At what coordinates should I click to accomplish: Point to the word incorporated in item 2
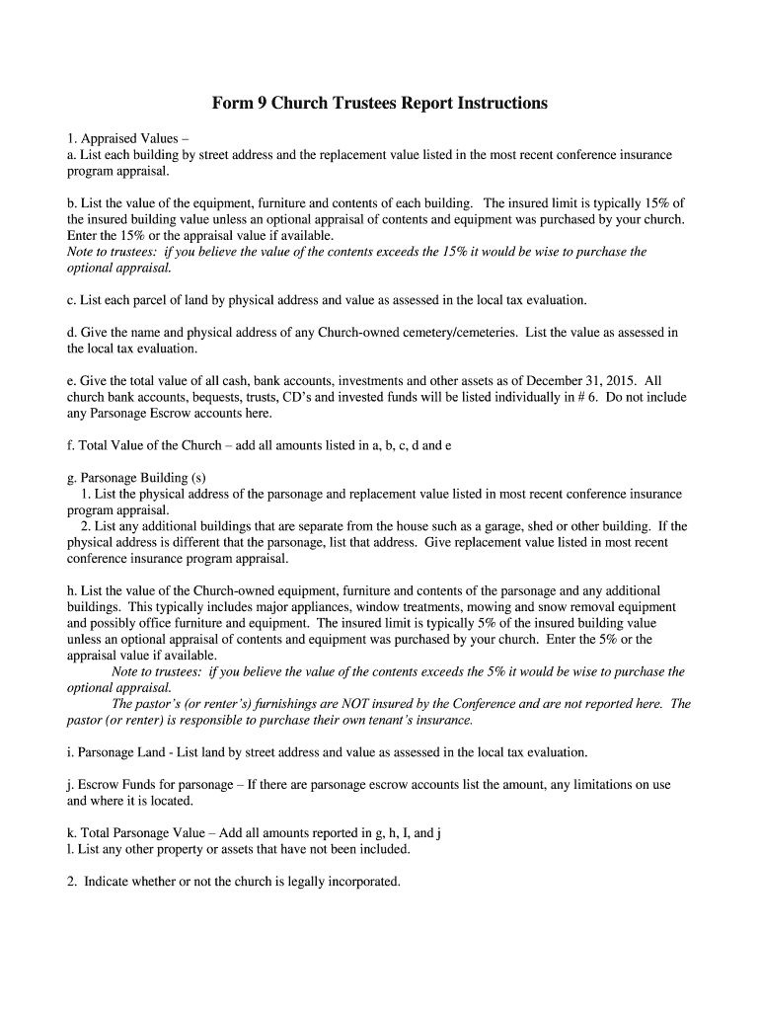[361, 881]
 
